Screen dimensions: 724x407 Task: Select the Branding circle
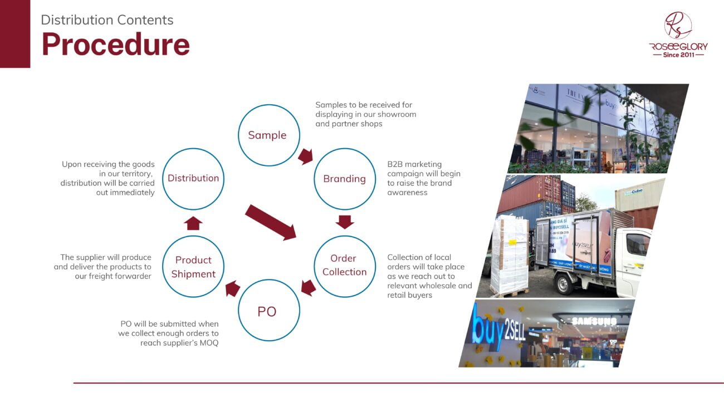point(345,148)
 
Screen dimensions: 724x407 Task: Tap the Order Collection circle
point(345,236)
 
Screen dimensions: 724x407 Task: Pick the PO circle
point(269,279)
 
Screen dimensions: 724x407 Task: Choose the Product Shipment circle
point(193,236)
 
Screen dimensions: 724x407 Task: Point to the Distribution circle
point(193,148)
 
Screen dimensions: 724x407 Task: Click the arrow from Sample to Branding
point(306,156)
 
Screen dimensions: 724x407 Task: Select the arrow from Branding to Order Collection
point(345,222)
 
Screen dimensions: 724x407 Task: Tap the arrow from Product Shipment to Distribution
point(193,223)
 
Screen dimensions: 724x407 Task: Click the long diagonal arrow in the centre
point(271,223)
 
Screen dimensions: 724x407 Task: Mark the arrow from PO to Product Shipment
point(233,288)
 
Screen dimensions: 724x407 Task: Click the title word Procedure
point(116,44)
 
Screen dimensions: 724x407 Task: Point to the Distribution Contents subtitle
point(107,20)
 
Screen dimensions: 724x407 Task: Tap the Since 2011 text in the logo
point(678,55)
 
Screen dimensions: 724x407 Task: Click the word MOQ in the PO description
point(209,343)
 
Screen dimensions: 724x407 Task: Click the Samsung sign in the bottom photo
point(594,321)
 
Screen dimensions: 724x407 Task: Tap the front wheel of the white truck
point(564,283)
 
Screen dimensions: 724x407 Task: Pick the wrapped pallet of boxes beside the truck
point(510,255)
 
